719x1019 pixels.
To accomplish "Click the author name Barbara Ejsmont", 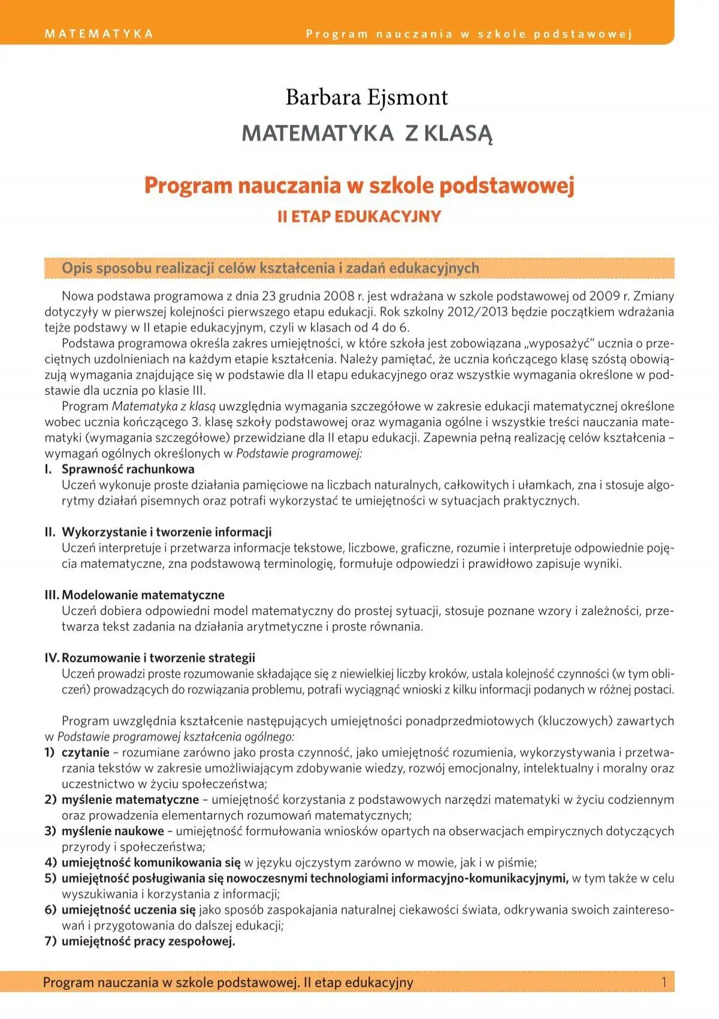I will pyautogui.click(x=367, y=97).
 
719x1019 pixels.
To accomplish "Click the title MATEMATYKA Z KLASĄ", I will pyautogui.click(x=367, y=133).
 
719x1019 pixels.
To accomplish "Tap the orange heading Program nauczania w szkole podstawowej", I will pyautogui.click(x=359, y=185).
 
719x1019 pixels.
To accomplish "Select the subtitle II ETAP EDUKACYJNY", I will pyautogui.click(x=359, y=216).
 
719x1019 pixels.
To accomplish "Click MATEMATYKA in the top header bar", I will pyautogui.click(x=99, y=34).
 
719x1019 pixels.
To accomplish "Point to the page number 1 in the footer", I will pyautogui.click(x=663, y=982).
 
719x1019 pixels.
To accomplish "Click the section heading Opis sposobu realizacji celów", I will pyautogui.click(x=270, y=268).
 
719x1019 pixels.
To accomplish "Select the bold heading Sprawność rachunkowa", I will pyautogui.click(x=128, y=469).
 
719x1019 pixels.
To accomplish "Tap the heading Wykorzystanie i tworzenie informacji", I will pyautogui.click(x=167, y=532).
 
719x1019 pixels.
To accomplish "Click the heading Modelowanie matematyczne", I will pyautogui.click(x=143, y=595).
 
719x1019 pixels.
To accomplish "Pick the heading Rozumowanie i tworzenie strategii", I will pyautogui.click(x=158, y=658).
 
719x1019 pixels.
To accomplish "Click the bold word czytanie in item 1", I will pyautogui.click(x=85, y=752).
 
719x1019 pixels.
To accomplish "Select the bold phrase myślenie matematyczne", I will pyautogui.click(x=130, y=800).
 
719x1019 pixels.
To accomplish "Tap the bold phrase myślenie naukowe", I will pyautogui.click(x=113, y=831).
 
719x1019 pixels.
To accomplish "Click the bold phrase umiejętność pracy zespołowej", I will pyautogui.click(x=148, y=941).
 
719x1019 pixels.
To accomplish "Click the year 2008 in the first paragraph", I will pyautogui.click(x=339, y=296).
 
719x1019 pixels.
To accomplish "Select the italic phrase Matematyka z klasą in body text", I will pyautogui.click(x=164, y=406).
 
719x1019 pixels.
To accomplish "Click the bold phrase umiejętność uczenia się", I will pyautogui.click(x=128, y=909).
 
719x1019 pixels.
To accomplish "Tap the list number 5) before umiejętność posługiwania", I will pyautogui.click(x=50, y=878).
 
